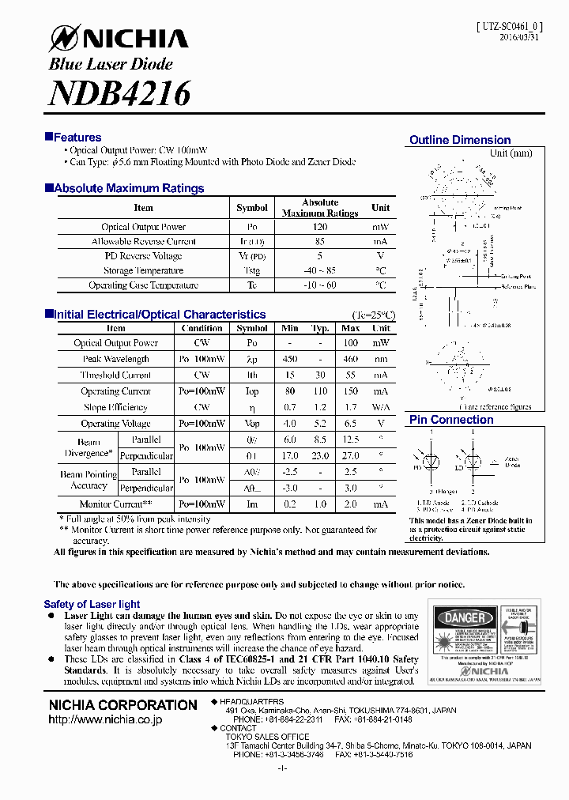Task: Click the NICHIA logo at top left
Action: coord(119,38)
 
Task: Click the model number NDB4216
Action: coord(119,93)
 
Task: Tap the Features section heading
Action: coord(77,138)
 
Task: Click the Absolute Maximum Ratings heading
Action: coord(129,188)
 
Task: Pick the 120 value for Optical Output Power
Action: coord(320,227)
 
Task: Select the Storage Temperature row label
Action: coord(143,270)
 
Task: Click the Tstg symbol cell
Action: coord(252,270)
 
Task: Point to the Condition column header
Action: coord(202,328)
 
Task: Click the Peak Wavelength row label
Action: coord(115,359)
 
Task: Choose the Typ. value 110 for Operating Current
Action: coord(320,391)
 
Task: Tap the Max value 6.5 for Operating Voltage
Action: coord(351,424)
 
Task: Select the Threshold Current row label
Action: coord(115,375)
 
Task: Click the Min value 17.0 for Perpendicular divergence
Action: coord(290,456)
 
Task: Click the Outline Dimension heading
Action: coord(460,140)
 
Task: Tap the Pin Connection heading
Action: coord(451,420)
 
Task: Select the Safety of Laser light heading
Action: coord(92,604)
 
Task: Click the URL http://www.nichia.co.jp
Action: coord(105,720)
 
